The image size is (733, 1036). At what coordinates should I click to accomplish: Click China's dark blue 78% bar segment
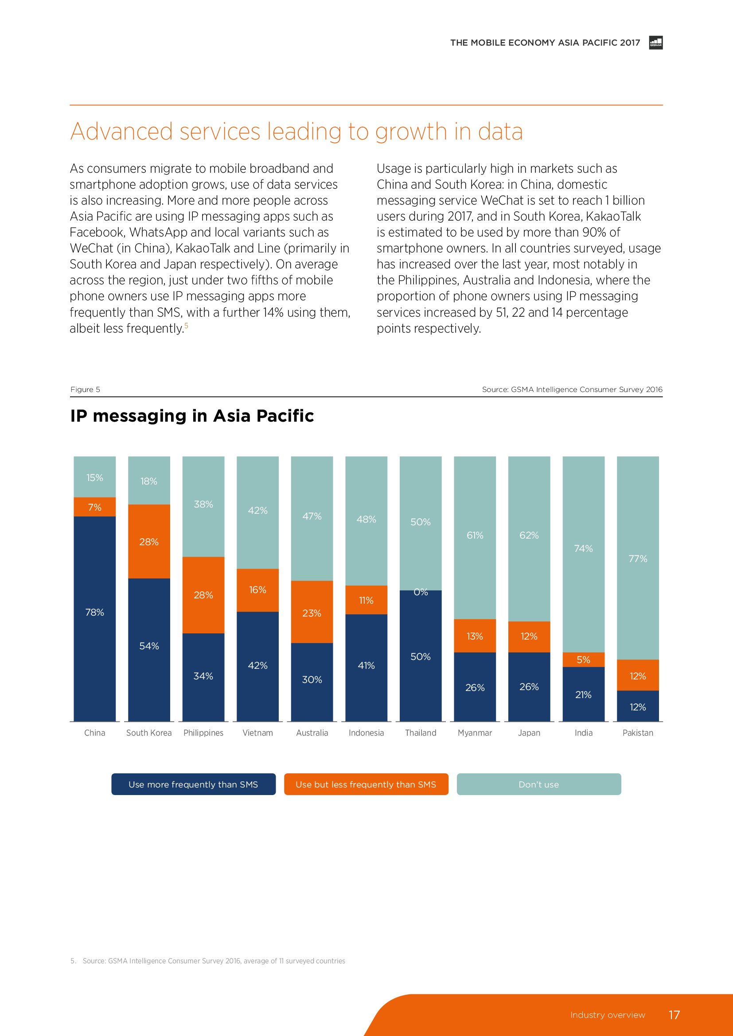(94, 618)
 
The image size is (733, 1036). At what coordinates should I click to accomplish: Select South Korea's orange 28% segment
(149, 541)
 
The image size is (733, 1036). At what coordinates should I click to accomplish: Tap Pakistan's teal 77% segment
(637, 558)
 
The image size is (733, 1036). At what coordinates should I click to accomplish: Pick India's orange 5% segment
(583, 660)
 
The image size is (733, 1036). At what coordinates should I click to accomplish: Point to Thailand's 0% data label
(421, 592)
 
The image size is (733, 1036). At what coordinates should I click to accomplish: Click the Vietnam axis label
(257, 733)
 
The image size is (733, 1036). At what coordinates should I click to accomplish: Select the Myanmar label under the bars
(474, 733)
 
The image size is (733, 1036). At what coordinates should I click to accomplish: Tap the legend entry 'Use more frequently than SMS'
(193, 784)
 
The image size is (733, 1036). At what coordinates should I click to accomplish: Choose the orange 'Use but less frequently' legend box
(366, 784)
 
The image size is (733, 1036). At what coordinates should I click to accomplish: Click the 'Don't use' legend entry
(538, 784)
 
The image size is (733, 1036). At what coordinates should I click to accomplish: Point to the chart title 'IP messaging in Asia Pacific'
(192, 415)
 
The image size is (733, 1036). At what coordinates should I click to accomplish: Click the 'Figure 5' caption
(85, 389)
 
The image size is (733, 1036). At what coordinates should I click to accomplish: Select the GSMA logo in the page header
(655, 43)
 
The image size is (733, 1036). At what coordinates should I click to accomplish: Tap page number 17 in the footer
(674, 1015)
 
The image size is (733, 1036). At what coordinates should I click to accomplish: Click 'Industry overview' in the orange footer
(608, 1015)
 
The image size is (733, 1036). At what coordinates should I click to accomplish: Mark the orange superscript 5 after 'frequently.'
(187, 326)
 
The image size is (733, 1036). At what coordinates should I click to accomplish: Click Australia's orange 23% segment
(312, 612)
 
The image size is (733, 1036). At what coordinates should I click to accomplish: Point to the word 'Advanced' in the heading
(121, 132)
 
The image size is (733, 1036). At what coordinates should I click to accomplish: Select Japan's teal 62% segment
(529, 535)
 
